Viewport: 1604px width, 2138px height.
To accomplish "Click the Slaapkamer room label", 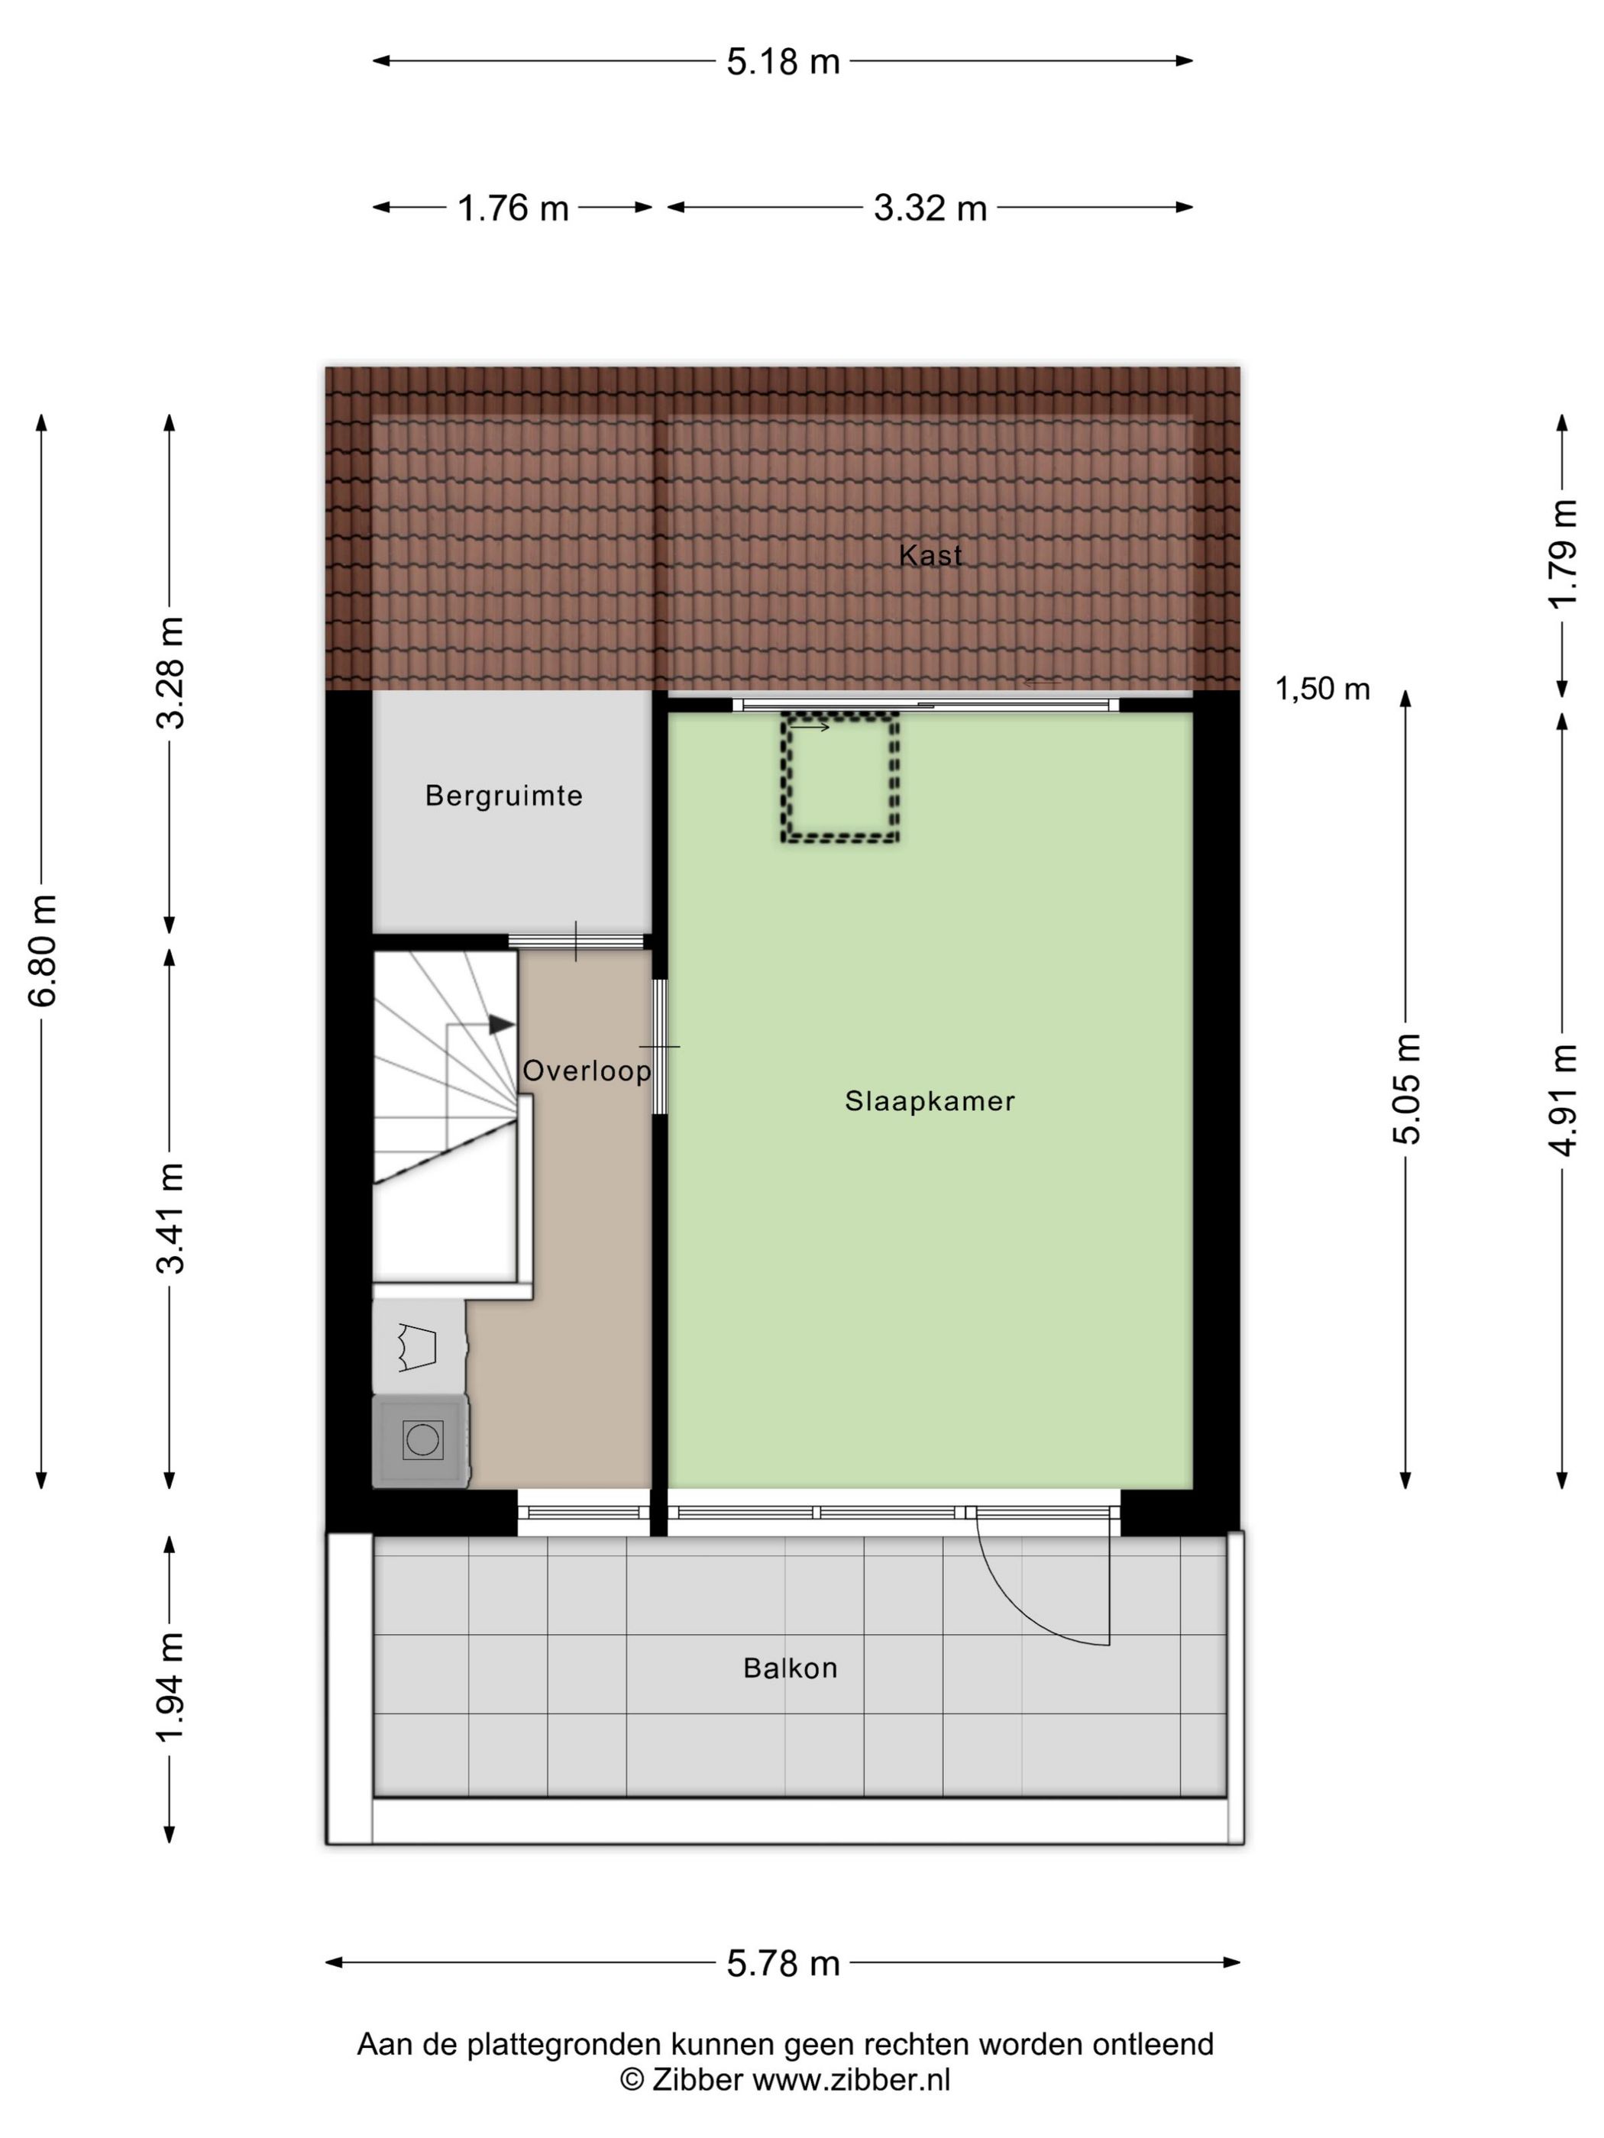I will [x=929, y=1101].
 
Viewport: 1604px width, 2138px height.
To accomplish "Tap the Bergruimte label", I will [x=503, y=796].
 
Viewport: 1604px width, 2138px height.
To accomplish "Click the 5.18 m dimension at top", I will [x=783, y=62].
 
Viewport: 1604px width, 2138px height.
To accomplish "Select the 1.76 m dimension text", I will [x=513, y=208].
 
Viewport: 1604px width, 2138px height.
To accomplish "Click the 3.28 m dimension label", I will [x=171, y=672].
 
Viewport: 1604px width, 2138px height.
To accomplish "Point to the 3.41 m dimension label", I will [x=171, y=1218].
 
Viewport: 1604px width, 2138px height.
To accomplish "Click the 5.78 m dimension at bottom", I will [x=783, y=1963].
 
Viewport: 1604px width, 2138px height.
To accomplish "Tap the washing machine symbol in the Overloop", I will [x=422, y=1440].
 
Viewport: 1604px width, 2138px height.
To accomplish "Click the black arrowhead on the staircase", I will [x=500, y=1025].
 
